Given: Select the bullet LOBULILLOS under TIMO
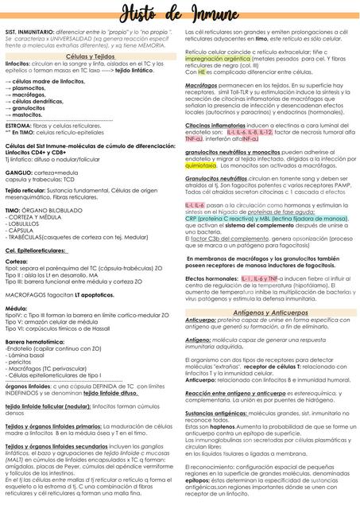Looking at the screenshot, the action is point(29,224).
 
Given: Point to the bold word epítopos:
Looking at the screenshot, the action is point(198,481).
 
